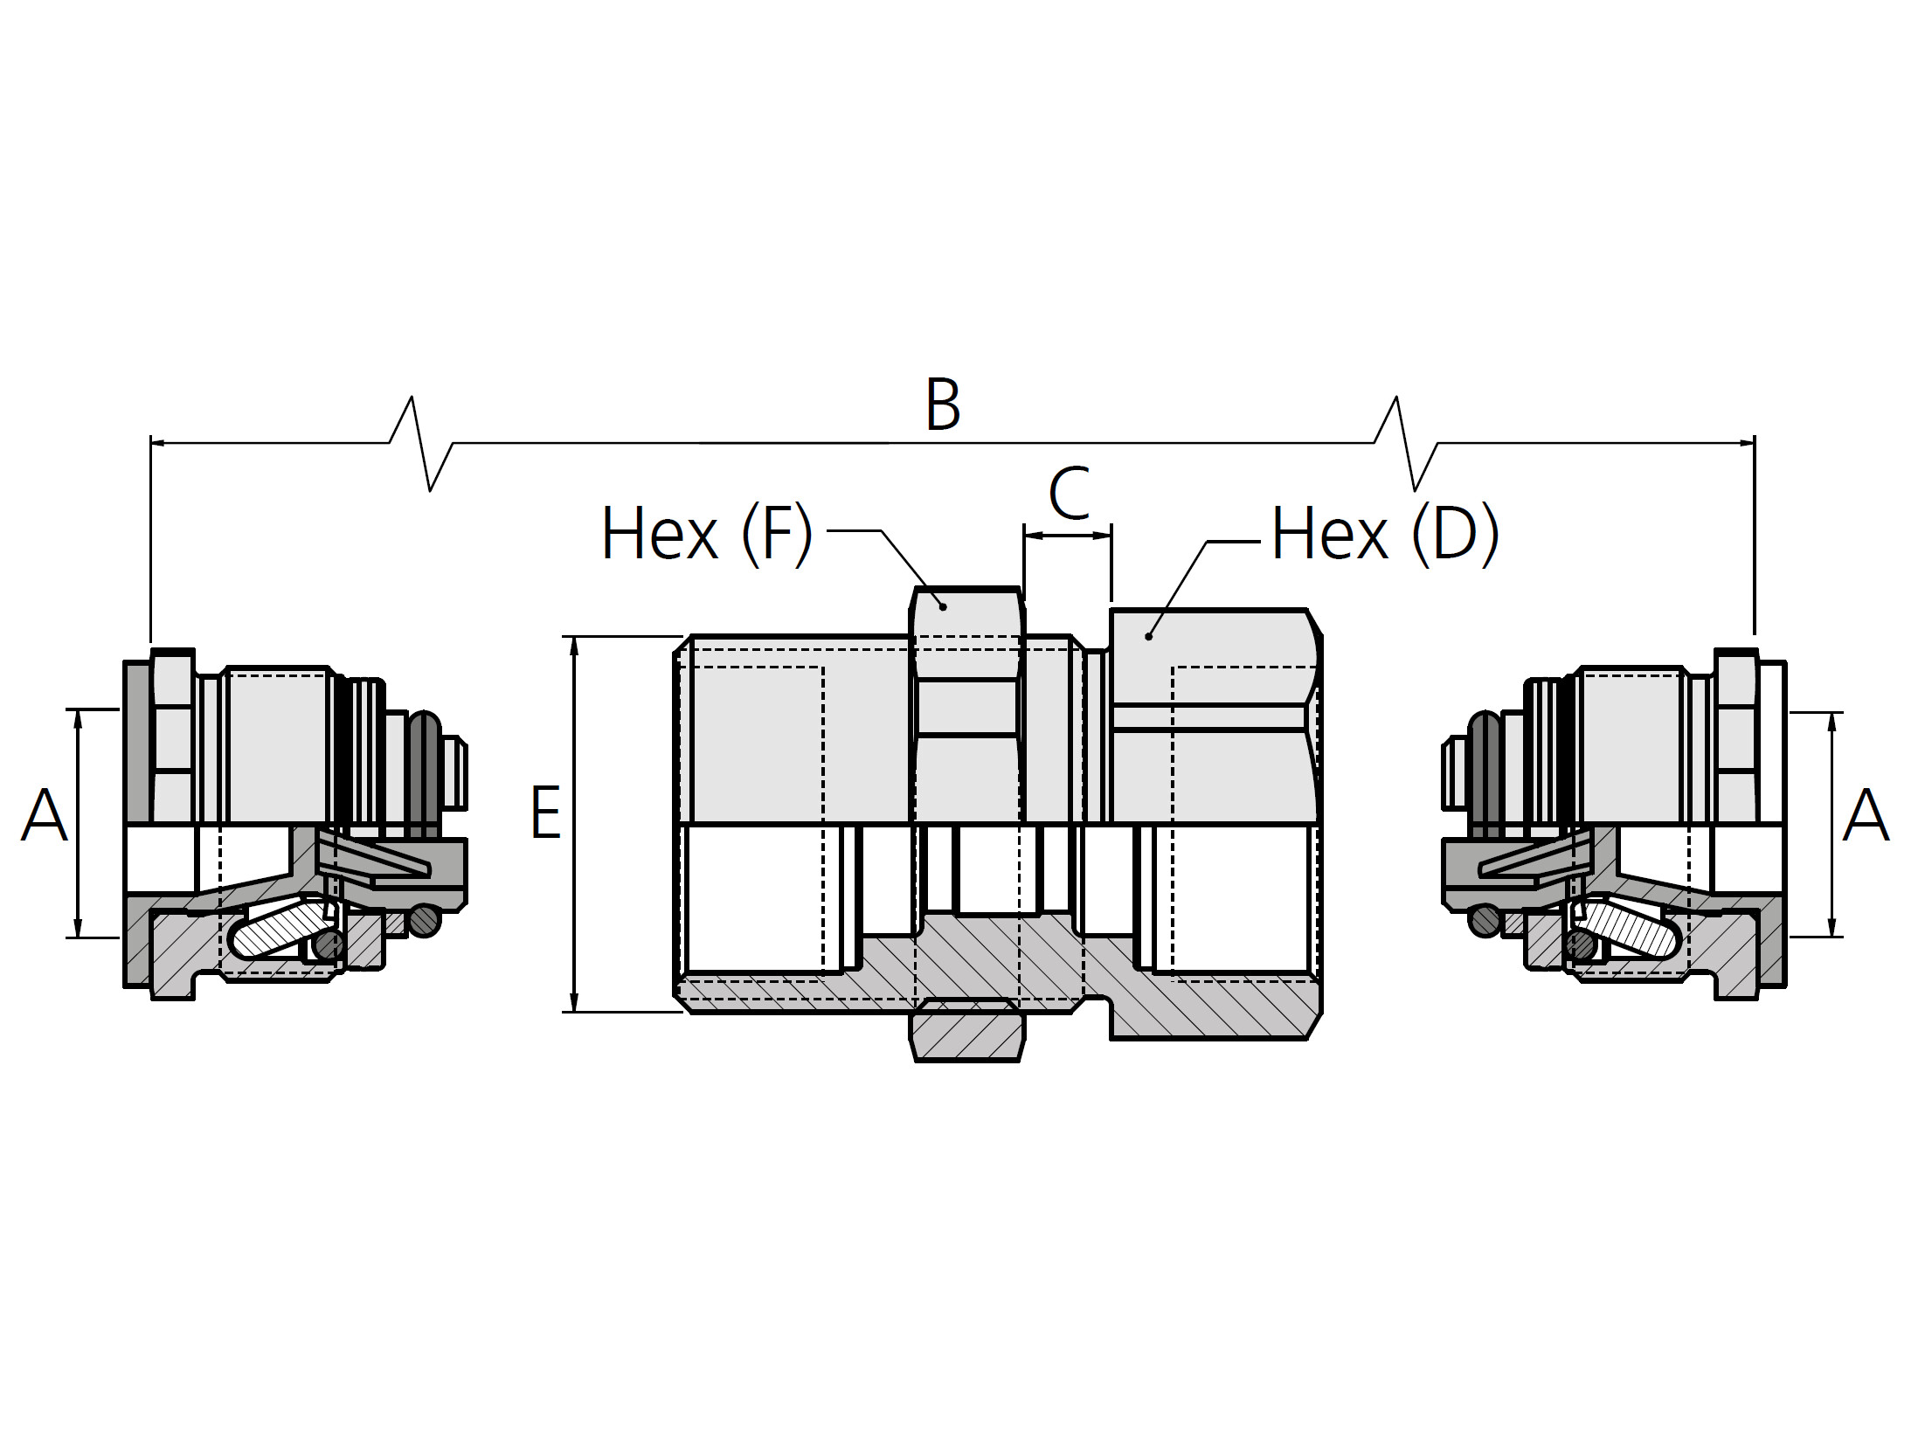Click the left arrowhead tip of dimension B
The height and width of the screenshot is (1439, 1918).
point(151,443)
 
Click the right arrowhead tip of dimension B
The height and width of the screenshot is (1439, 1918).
point(1755,443)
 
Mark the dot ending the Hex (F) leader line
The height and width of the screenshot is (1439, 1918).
point(944,606)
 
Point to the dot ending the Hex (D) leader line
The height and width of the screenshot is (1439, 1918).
point(1148,637)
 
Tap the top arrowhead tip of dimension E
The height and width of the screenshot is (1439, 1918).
point(574,637)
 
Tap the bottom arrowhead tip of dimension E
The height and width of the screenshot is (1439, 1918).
point(574,1012)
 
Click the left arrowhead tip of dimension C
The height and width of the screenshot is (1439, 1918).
point(1024,535)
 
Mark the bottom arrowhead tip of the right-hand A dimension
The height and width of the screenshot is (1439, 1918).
point(1831,937)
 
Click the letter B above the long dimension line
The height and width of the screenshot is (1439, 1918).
point(943,405)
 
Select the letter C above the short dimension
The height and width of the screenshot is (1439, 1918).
point(1069,494)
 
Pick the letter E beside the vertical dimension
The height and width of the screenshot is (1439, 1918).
point(546,813)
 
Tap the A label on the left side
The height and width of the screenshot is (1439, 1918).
point(44,815)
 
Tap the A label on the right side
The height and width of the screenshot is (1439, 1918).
point(1866,815)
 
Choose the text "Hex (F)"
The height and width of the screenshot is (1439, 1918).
point(707,534)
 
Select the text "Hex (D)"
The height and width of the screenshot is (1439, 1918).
point(1385,534)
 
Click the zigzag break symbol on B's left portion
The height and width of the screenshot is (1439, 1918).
point(421,443)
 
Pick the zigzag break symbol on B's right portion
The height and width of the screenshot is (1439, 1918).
point(1406,443)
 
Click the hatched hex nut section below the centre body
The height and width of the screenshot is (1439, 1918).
point(967,1034)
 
